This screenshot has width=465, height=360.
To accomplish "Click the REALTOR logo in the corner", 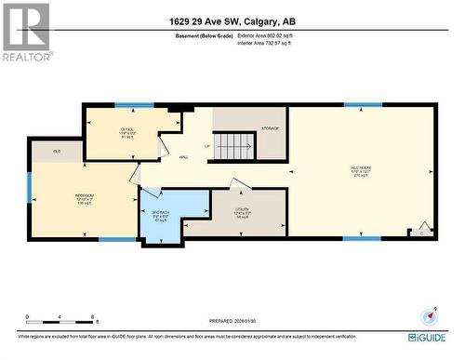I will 25,32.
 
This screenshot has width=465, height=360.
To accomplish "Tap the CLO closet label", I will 57,151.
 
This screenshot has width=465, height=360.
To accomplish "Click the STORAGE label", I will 270,127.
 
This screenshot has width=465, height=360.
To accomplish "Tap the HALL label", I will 184,157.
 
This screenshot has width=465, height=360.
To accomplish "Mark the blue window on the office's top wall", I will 134,105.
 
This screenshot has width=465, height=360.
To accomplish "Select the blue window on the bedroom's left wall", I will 29,185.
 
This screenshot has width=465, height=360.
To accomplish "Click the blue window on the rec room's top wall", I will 362,105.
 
